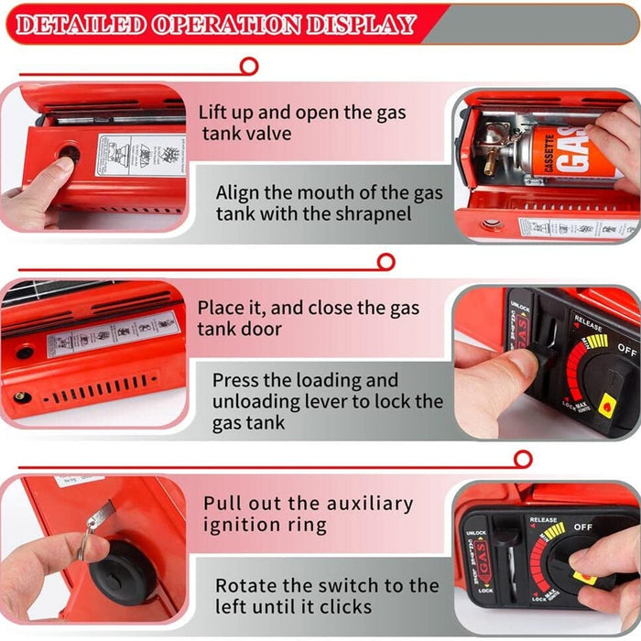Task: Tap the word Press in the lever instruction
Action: pyautogui.click(x=237, y=380)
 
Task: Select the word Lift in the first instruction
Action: pyautogui.click(x=215, y=114)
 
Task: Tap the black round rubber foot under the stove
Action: pyautogui.click(x=119, y=571)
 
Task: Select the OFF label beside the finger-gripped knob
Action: pyautogui.click(x=582, y=527)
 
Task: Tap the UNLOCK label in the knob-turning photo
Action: pyautogui.click(x=476, y=533)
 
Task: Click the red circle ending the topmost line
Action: pyautogui.click(x=248, y=66)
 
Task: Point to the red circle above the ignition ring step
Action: pyautogui.click(x=523, y=459)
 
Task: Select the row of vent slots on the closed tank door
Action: pyautogui.click(x=101, y=387)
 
